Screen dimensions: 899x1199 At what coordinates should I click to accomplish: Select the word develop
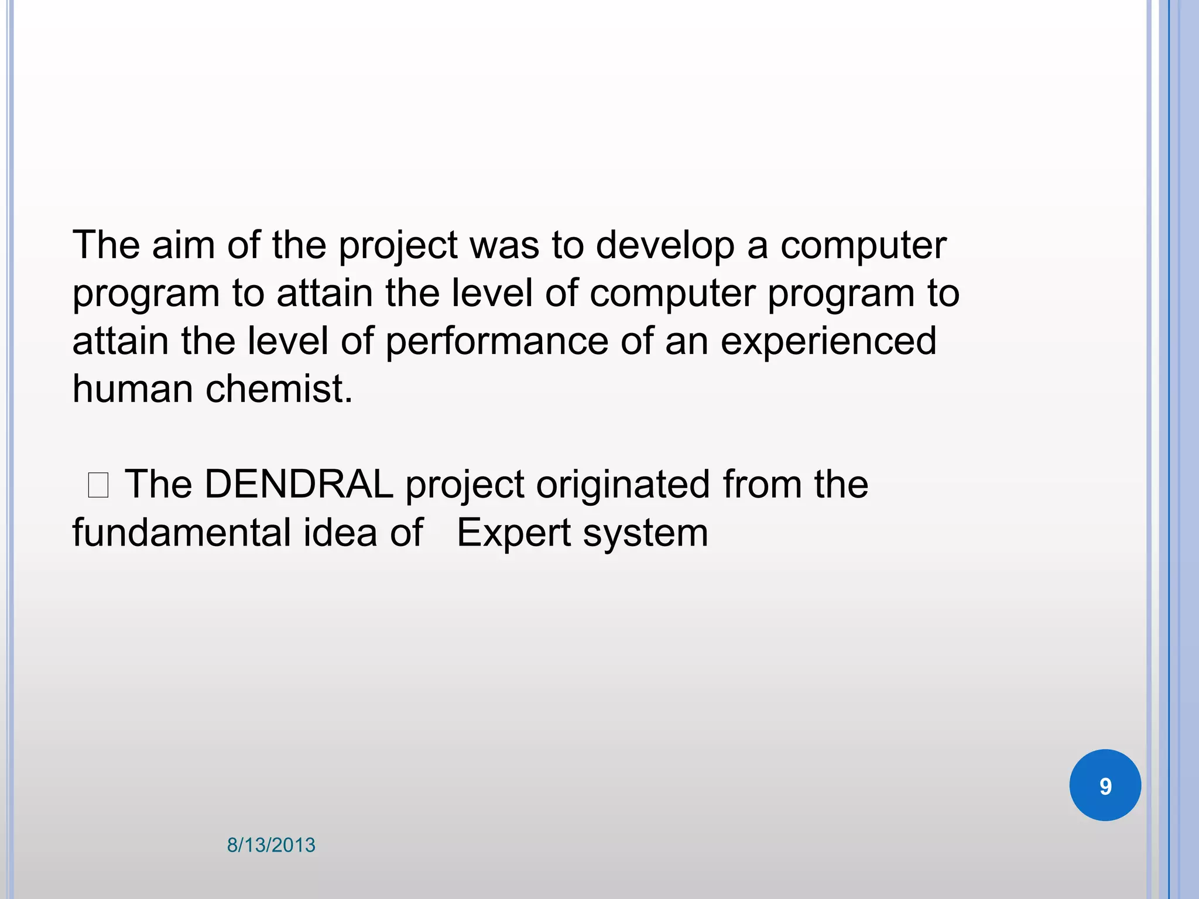(x=665, y=246)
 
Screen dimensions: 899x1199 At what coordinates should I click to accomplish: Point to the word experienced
(x=828, y=342)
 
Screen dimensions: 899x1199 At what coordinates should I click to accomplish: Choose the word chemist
(x=279, y=389)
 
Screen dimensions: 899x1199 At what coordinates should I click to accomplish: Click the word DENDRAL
(x=299, y=485)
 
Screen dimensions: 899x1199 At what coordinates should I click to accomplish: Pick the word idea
(x=340, y=533)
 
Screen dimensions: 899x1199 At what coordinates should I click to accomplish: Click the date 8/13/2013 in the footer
(x=271, y=845)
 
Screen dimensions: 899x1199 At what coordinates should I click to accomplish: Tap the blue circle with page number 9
(x=1105, y=785)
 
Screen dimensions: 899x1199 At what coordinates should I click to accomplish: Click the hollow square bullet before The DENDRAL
(x=98, y=486)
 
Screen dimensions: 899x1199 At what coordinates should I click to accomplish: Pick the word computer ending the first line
(x=863, y=246)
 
